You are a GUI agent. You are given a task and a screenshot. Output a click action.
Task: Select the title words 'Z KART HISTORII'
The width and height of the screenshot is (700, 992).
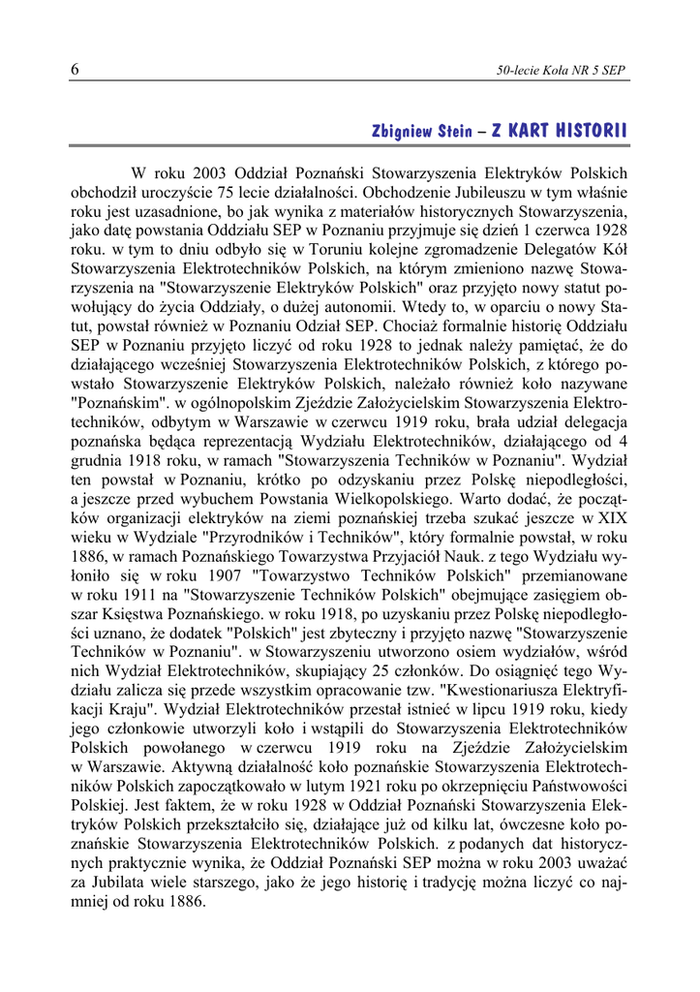pyautogui.click(x=559, y=131)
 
